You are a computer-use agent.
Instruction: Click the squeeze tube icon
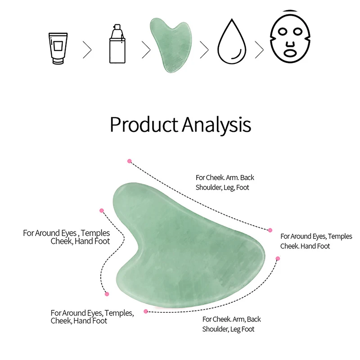[x=58, y=49]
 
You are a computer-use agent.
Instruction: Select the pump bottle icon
[x=117, y=44]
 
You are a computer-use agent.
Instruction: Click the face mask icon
[x=290, y=37]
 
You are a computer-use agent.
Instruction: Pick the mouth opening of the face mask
[x=290, y=53]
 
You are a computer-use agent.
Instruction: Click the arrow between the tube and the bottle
[x=87, y=49]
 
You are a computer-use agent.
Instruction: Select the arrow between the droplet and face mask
[x=260, y=49]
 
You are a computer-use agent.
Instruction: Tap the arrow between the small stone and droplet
[x=204, y=49]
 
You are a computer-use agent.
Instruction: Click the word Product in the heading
[x=144, y=125]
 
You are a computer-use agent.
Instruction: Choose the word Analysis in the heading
[x=217, y=125]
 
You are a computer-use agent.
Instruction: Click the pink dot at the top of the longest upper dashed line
[x=130, y=161]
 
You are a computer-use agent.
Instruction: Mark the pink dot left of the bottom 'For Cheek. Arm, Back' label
[x=146, y=311]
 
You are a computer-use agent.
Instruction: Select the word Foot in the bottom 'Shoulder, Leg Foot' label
[x=248, y=329]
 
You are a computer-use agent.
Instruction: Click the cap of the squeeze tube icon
[x=58, y=62]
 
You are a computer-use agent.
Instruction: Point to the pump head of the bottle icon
[x=117, y=31]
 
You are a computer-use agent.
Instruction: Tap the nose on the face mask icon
[x=290, y=44]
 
